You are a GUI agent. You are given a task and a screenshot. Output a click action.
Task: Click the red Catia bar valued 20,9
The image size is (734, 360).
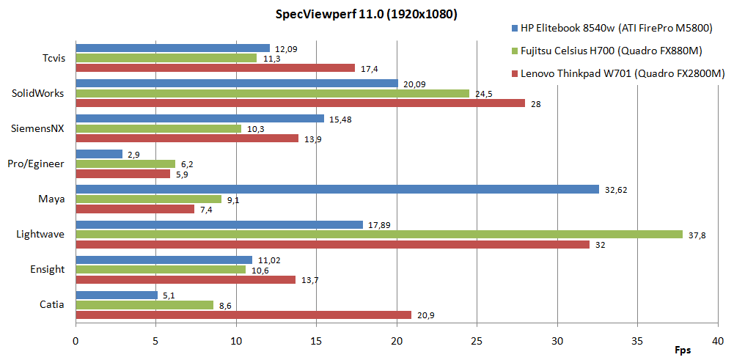pyautogui.click(x=243, y=315)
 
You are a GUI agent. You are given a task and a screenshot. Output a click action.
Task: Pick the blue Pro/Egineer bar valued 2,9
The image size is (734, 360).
pyautogui.click(x=99, y=154)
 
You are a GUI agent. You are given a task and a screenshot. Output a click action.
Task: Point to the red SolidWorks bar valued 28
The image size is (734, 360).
pyautogui.click(x=301, y=103)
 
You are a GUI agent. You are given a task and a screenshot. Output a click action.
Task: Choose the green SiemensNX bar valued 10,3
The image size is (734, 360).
pyautogui.click(x=158, y=128)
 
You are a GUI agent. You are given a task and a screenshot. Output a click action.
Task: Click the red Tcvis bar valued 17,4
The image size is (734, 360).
pyautogui.click(x=215, y=68)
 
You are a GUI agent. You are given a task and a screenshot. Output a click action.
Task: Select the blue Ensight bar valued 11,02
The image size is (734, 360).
pyautogui.click(x=164, y=260)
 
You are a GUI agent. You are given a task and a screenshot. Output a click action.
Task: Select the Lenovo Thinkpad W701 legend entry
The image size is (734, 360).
pyautogui.click(x=617, y=73)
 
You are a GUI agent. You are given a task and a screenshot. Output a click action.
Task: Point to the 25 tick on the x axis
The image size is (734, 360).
pyautogui.click(x=477, y=341)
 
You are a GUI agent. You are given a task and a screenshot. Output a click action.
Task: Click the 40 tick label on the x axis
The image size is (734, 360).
pyautogui.click(x=718, y=341)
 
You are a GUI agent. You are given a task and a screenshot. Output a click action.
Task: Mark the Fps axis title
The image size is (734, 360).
pyautogui.click(x=683, y=350)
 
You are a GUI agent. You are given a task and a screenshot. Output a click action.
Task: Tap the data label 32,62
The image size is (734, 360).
pyautogui.click(x=617, y=189)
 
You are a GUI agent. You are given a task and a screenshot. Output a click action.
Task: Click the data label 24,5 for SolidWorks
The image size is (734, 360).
pyautogui.click(x=484, y=93)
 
